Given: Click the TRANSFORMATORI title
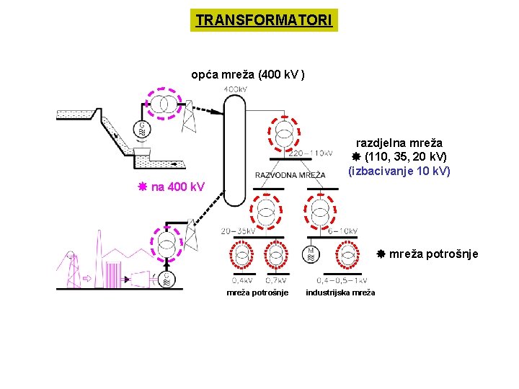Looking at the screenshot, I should pos(264,20).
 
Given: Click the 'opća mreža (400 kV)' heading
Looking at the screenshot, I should pos(248,74).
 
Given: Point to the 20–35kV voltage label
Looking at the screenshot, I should pos(239,231).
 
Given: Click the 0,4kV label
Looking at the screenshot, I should pos(241,280).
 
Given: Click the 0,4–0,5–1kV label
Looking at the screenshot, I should pos(341,280).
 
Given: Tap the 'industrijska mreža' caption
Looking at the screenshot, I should pos(340,292).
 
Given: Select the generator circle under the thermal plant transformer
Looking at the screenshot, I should pos(167,278).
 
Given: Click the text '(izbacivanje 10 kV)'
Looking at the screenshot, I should pos(399,171).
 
